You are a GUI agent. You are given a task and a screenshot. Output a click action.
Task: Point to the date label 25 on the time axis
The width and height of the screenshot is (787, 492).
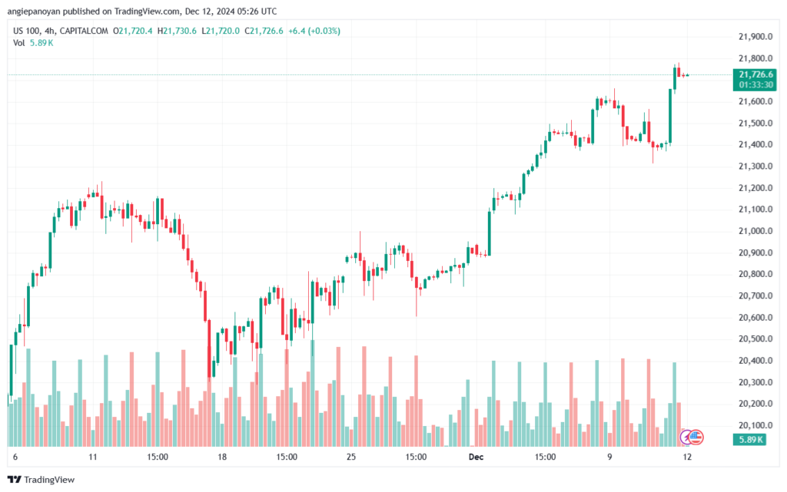(x=352, y=456)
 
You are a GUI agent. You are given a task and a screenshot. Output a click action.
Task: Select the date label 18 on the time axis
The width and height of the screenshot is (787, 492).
(x=222, y=456)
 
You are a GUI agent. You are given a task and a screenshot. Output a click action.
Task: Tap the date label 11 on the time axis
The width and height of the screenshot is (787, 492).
(x=93, y=456)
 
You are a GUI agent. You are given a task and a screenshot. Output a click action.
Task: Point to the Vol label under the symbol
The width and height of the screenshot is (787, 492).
(x=19, y=42)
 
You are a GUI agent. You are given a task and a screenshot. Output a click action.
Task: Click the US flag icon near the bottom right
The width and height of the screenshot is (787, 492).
(x=696, y=438)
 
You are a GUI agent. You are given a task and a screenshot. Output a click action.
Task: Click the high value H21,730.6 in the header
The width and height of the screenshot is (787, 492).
(x=177, y=31)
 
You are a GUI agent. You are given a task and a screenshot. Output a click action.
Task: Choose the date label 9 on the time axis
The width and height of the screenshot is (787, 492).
(x=610, y=456)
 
